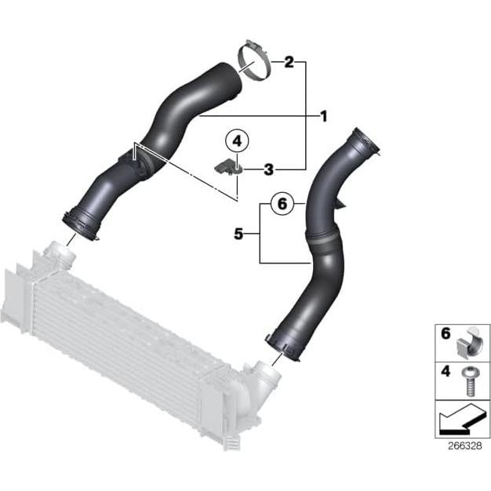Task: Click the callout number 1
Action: click(x=322, y=116)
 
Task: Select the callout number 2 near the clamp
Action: click(x=289, y=61)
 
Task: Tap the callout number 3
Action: click(x=268, y=169)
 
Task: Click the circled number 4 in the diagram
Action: click(x=236, y=142)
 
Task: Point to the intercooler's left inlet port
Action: click(x=57, y=254)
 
